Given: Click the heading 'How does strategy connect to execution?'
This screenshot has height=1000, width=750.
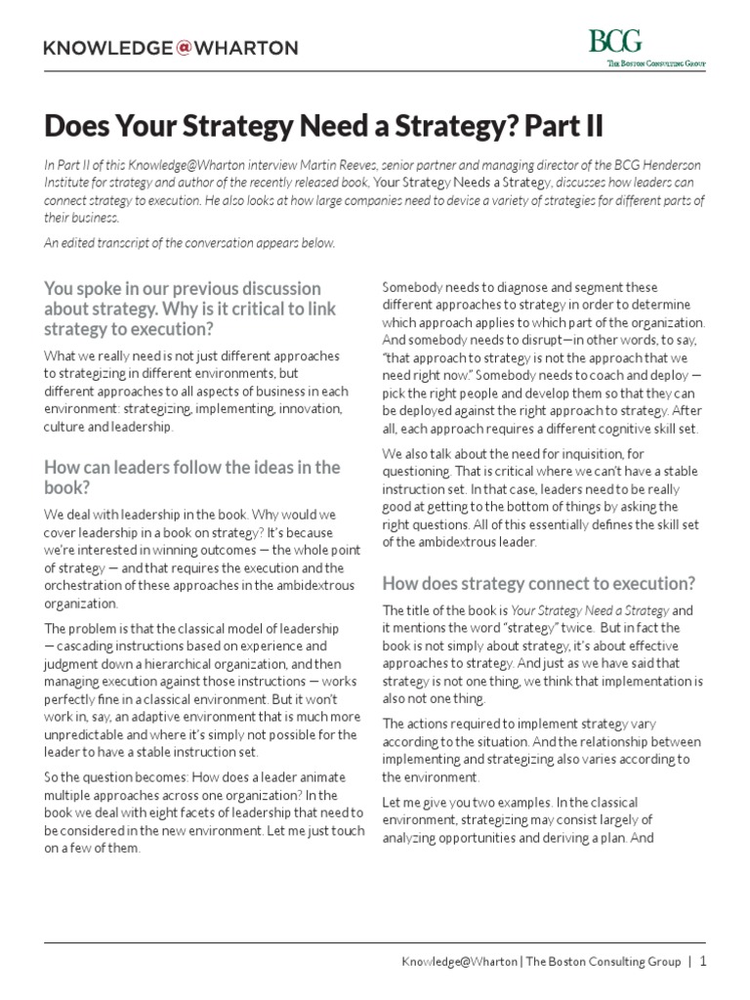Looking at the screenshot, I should click(538, 583).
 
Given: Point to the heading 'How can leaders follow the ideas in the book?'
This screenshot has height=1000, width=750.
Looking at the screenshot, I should click(191, 478).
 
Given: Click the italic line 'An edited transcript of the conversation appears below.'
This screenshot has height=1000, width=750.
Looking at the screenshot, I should click(189, 243).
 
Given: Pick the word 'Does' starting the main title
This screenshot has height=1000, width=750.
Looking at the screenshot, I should click(79, 127).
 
